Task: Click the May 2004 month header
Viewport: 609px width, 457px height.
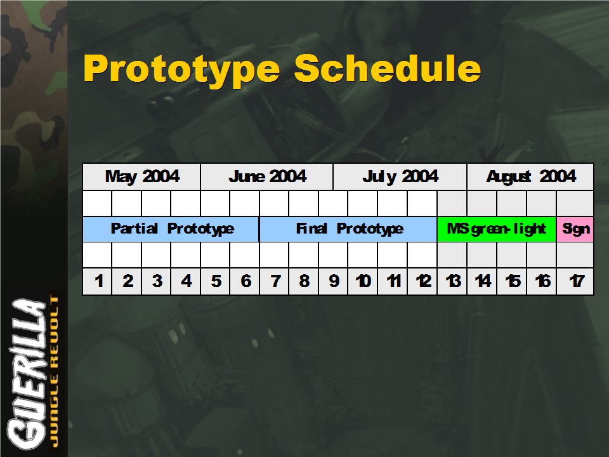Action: point(141,177)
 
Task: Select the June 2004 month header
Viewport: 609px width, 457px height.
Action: point(267,177)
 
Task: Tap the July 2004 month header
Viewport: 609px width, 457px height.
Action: point(400,177)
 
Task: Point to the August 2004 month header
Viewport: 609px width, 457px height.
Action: point(530,177)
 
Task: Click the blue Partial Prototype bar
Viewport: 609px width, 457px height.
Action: point(171,229)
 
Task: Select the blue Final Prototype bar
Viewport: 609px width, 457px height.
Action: point(348,229)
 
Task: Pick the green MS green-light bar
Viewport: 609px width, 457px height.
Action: point(497,229)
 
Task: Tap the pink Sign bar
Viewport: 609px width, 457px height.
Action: point(575,229)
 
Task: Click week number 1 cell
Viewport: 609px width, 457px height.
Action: point(98,281)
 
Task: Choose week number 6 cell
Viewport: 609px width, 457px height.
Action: point(245,281)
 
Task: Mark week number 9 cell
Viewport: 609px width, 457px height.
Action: point(333,281)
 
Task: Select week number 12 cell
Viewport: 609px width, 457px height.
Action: point(422,281)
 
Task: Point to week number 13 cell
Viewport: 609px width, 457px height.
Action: point(452,281)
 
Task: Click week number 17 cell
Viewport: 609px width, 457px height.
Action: point(575,281)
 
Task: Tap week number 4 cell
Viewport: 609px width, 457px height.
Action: point(186,281)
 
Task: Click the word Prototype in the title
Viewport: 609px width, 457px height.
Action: point(181,69)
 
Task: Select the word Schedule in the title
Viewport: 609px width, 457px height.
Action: point(388,68)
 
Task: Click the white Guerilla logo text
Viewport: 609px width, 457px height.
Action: point(27,373)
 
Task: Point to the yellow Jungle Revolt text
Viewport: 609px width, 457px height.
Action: point(55,371)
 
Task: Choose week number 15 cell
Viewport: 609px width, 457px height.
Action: point(512,281)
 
